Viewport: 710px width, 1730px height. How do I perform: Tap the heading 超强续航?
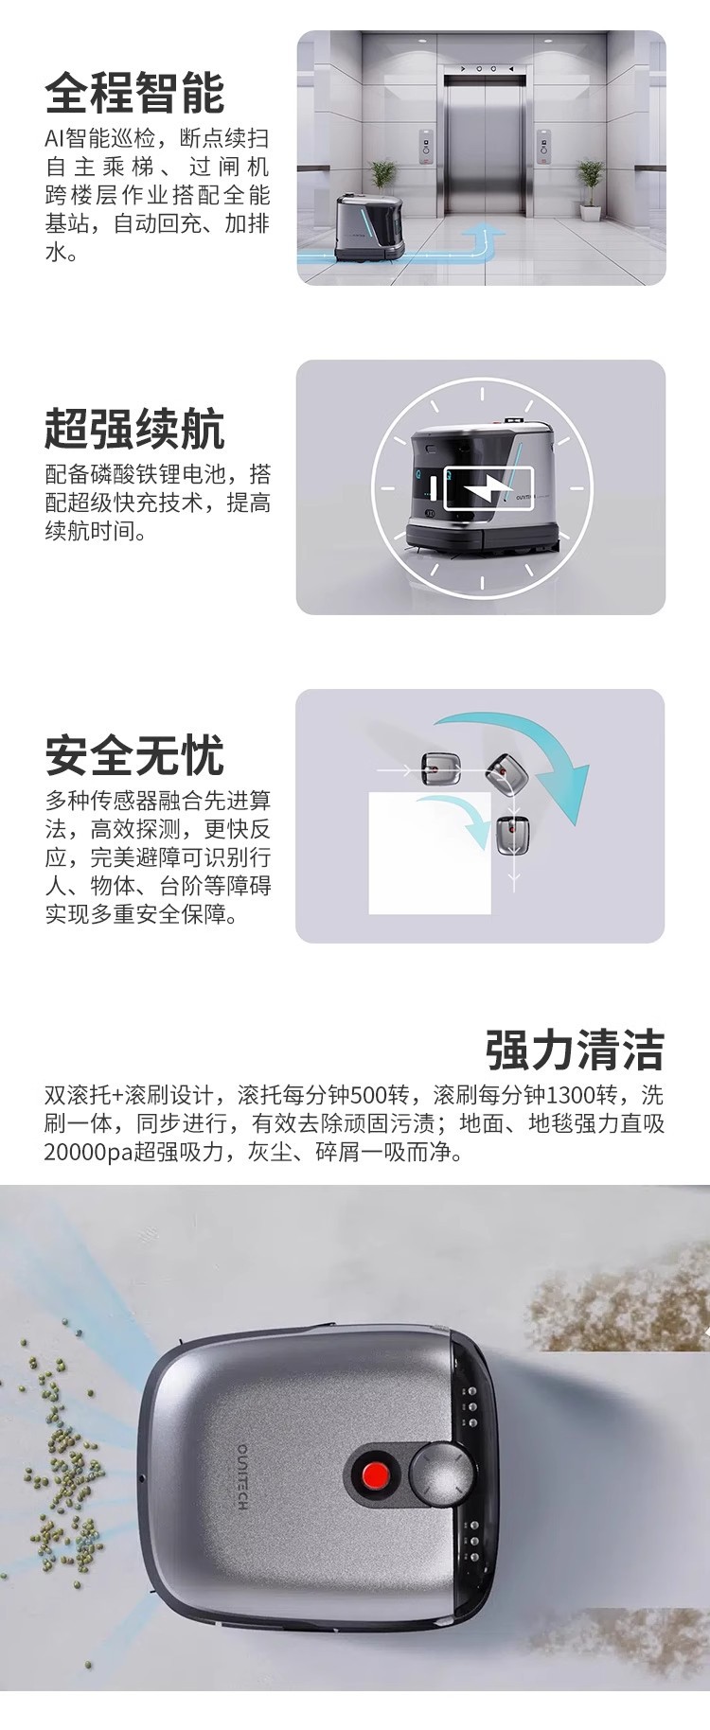(134, 429)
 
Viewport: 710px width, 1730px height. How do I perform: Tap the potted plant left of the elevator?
(382, 185)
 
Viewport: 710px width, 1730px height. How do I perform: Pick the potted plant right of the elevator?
(589, 186)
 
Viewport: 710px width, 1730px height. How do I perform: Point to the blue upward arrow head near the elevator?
(489, 230)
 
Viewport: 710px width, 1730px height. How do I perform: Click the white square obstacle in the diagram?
(429, 852)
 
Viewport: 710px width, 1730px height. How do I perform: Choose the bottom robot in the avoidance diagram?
(513, 834)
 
